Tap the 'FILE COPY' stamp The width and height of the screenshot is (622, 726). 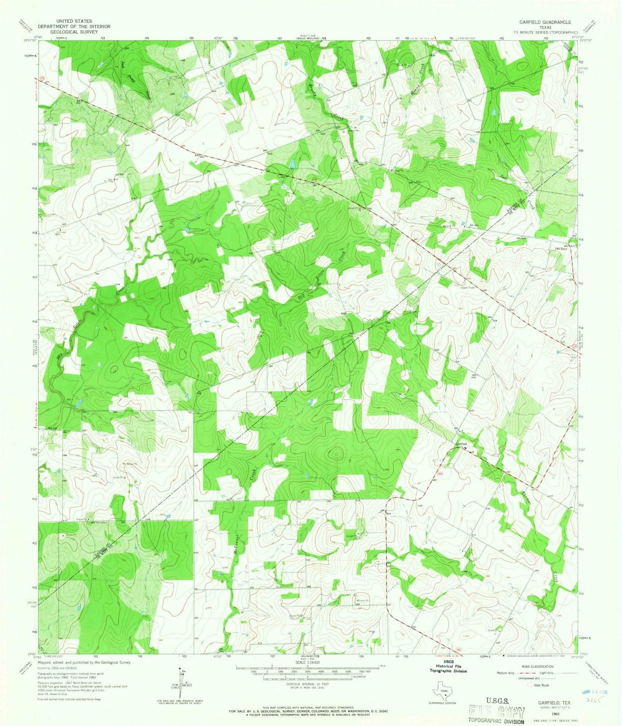coord(497,711)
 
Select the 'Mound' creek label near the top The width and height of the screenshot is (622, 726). coord(422,75)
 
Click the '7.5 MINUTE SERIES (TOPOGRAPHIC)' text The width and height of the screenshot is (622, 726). coord(544,33)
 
